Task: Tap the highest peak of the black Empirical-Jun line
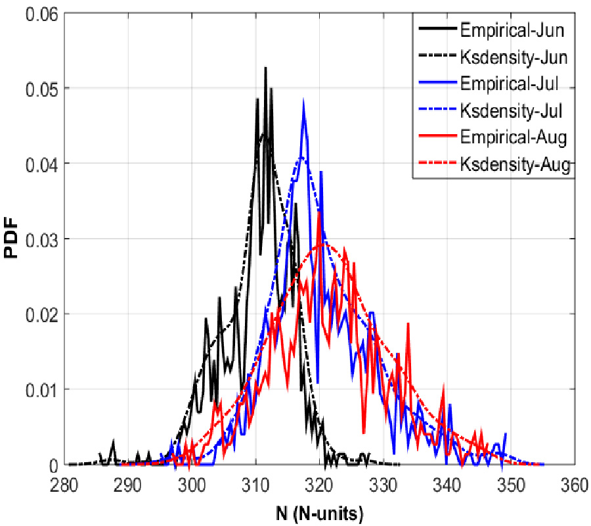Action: click(x=265, y=67)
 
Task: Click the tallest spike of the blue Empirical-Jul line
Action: click(x=303, y=100)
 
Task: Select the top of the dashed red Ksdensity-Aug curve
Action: click(x=322, y=245)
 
